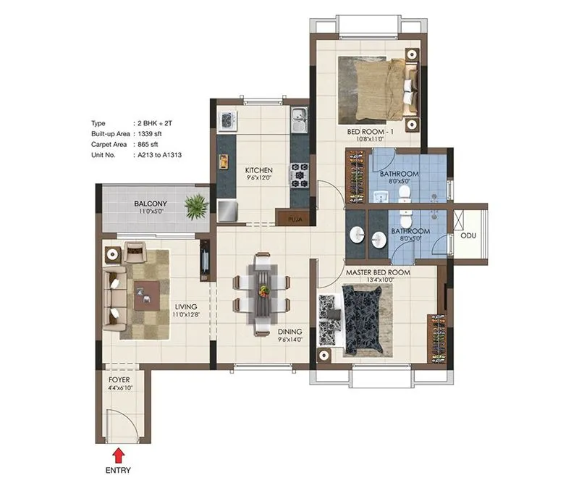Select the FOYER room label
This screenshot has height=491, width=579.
(x=119, y=379)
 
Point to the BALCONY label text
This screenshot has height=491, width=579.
(x=151, y=204)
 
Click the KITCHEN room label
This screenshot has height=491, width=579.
(x=258, y=170)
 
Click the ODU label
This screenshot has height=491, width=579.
(x=468, y=235)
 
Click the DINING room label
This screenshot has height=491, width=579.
(x=289, y=332)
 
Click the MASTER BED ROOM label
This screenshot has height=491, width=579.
(x=377, y=272)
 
